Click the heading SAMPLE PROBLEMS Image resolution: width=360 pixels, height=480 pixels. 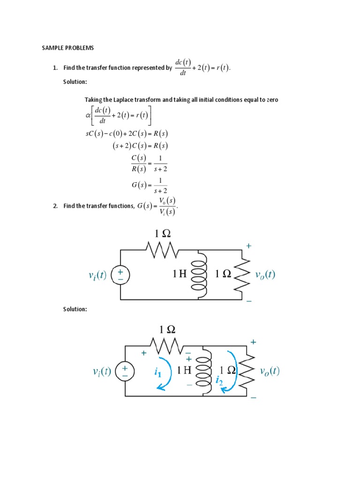(68, 48)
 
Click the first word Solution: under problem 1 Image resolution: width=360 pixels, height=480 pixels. (75, 82)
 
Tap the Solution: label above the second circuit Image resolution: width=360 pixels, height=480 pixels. (75, 309)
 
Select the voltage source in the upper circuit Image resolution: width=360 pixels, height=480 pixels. (120, 275)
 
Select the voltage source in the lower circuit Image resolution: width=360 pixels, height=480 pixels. (125, 371)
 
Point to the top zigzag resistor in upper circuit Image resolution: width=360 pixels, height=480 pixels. (162, 250)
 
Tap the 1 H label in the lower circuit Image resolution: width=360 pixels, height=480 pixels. (184, 370)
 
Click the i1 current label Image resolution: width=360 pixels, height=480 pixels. (157, 372)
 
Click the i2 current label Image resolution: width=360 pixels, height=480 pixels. (219, 381)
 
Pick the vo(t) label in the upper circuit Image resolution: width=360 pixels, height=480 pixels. (265, 275)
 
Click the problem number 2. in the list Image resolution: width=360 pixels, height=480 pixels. (55, 206)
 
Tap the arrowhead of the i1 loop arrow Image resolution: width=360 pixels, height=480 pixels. (160, 387)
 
